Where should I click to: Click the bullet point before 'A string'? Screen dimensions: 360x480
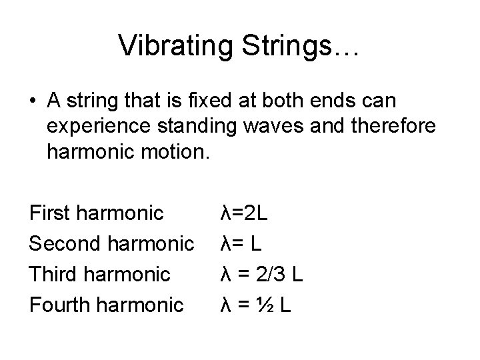point(33,102)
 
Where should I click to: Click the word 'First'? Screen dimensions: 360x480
point(51,213)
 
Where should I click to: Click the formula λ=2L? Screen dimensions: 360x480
point(245,213)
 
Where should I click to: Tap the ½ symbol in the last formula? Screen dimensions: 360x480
point(265,305)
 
